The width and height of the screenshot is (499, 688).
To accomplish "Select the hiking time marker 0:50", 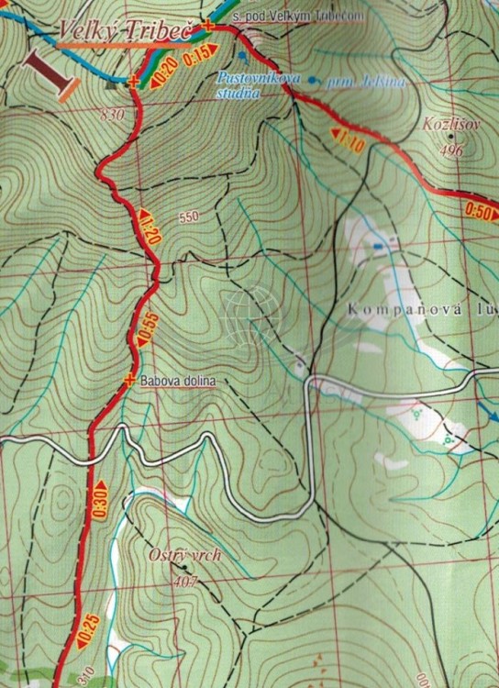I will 479,209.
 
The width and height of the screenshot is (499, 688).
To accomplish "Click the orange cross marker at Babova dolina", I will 129,379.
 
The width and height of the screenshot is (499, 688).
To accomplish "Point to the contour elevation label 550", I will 190,217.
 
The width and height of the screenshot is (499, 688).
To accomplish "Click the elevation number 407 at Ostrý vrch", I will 185,581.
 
